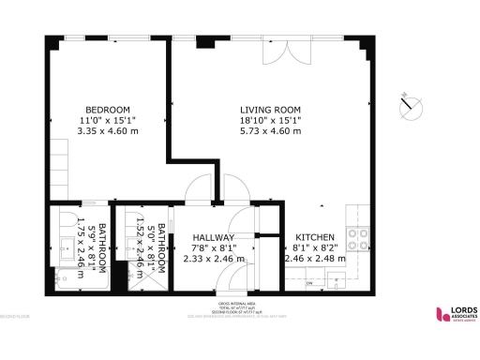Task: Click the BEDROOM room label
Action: pos(107,109)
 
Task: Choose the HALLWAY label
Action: pos(214,237)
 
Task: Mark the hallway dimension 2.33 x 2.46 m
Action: pos(214,259)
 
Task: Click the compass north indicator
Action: pos(410,106)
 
